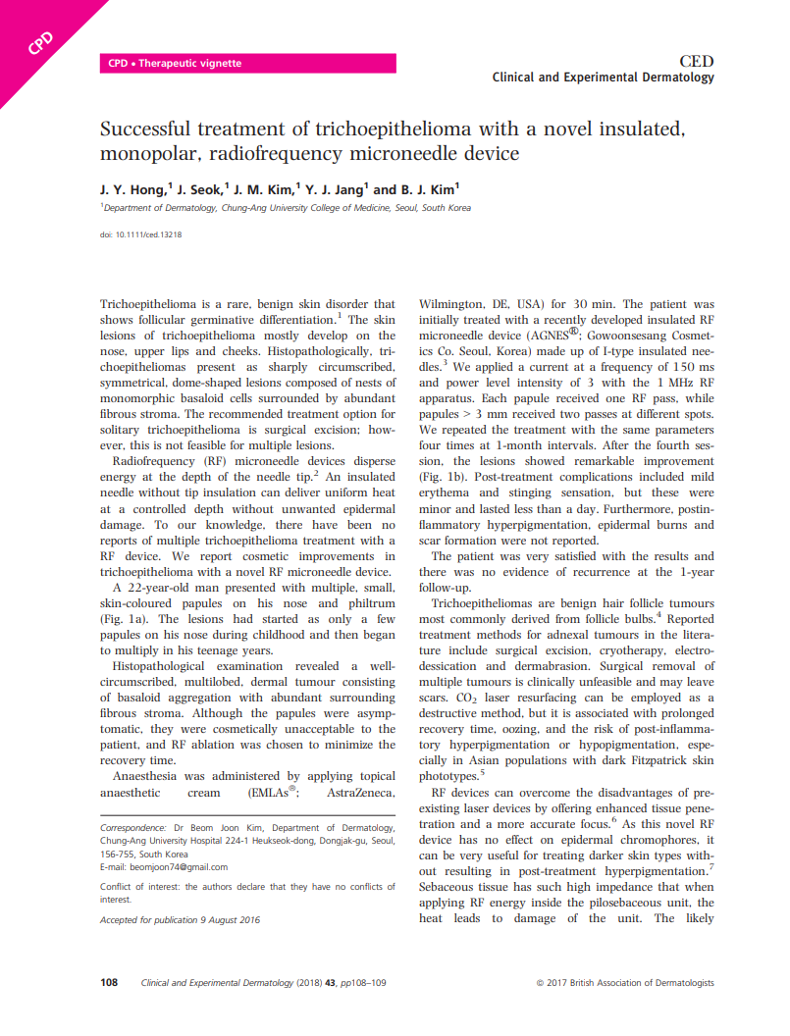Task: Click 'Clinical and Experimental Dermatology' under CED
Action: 603,78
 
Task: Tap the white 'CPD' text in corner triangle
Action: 40,43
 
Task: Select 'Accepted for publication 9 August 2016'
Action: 180,920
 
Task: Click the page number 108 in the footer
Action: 110,982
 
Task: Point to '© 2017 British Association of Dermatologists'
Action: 625,982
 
